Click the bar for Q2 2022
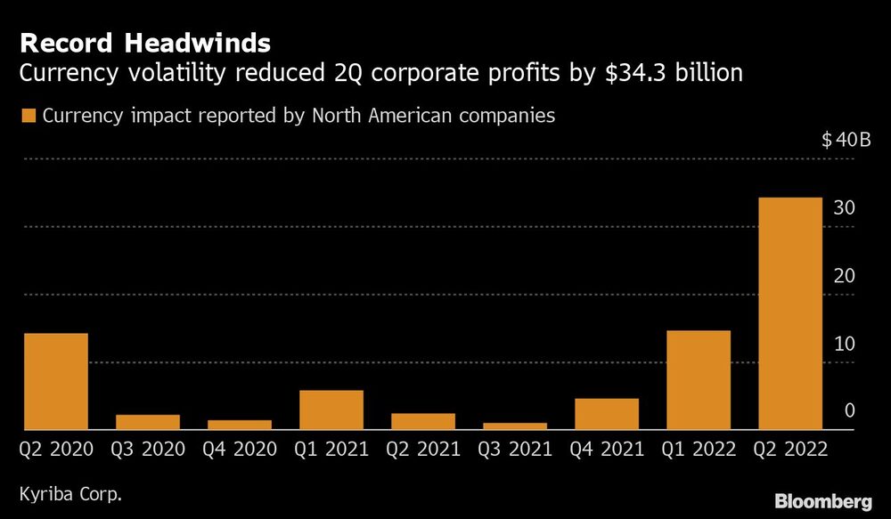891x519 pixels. [x=789, y=313]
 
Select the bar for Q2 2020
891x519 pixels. [x=56, y=381]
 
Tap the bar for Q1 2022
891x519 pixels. [x=699, y=380]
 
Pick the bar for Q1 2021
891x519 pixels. [x=331, y=410]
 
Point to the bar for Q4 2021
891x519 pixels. [x=607, y=414]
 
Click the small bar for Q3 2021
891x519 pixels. [x=515, y=426]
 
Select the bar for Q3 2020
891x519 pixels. [x=148, y=422]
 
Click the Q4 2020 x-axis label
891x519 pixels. [x=240, y=450]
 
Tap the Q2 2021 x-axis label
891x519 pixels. [x=422, y=450]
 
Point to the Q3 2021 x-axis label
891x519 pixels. [x=515, y=450]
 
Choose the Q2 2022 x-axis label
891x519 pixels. [x=789, y=450]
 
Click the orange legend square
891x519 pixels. [x=29, y=116]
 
